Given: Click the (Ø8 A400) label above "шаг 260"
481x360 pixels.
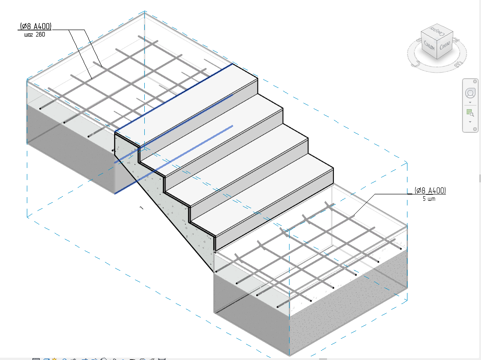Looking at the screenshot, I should (x=36, y=26).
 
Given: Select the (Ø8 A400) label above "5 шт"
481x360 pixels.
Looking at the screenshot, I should (x=430, y=191).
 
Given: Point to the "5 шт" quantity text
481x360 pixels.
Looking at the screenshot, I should (x=429, y=199).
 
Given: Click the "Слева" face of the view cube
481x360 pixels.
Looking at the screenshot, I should (x=445, y=46).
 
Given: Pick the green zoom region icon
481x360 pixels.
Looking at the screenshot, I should (x=469, y=112).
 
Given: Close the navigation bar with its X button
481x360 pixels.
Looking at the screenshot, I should (x=475, y=81).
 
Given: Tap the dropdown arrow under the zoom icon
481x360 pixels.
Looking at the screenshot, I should (x=470, y=122).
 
